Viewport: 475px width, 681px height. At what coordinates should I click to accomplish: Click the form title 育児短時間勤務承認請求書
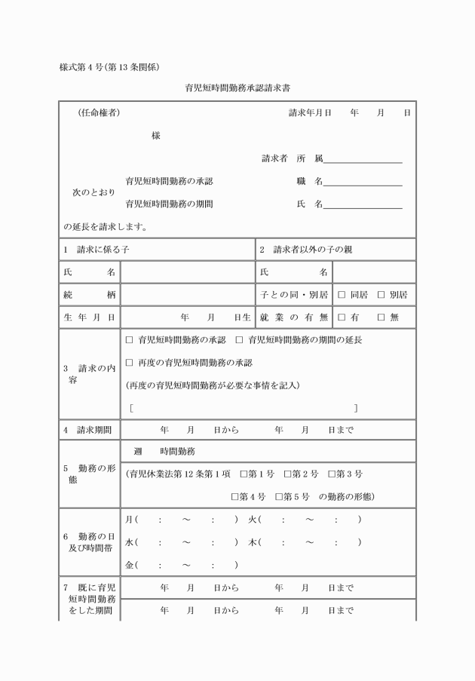tap(238, 87)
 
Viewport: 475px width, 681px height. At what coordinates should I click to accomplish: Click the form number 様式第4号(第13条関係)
tap(109, 66)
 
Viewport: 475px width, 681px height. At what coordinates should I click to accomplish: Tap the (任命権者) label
tap(98, 113)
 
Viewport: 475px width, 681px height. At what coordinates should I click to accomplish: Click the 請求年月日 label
tap(310, 113)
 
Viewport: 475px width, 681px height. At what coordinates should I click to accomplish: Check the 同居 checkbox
tap(342, 294)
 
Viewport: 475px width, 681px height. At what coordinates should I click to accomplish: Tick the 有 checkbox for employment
tap(342, 317)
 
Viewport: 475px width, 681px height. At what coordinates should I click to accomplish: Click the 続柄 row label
tap(89, 294)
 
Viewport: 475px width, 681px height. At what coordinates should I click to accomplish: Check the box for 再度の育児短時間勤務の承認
tap(129, 363)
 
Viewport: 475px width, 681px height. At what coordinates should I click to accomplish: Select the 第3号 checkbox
tap(332, 474)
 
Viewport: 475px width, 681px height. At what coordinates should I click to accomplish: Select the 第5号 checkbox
tap(279, 497)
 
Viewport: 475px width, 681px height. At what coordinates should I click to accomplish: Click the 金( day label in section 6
tap(131, 565)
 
